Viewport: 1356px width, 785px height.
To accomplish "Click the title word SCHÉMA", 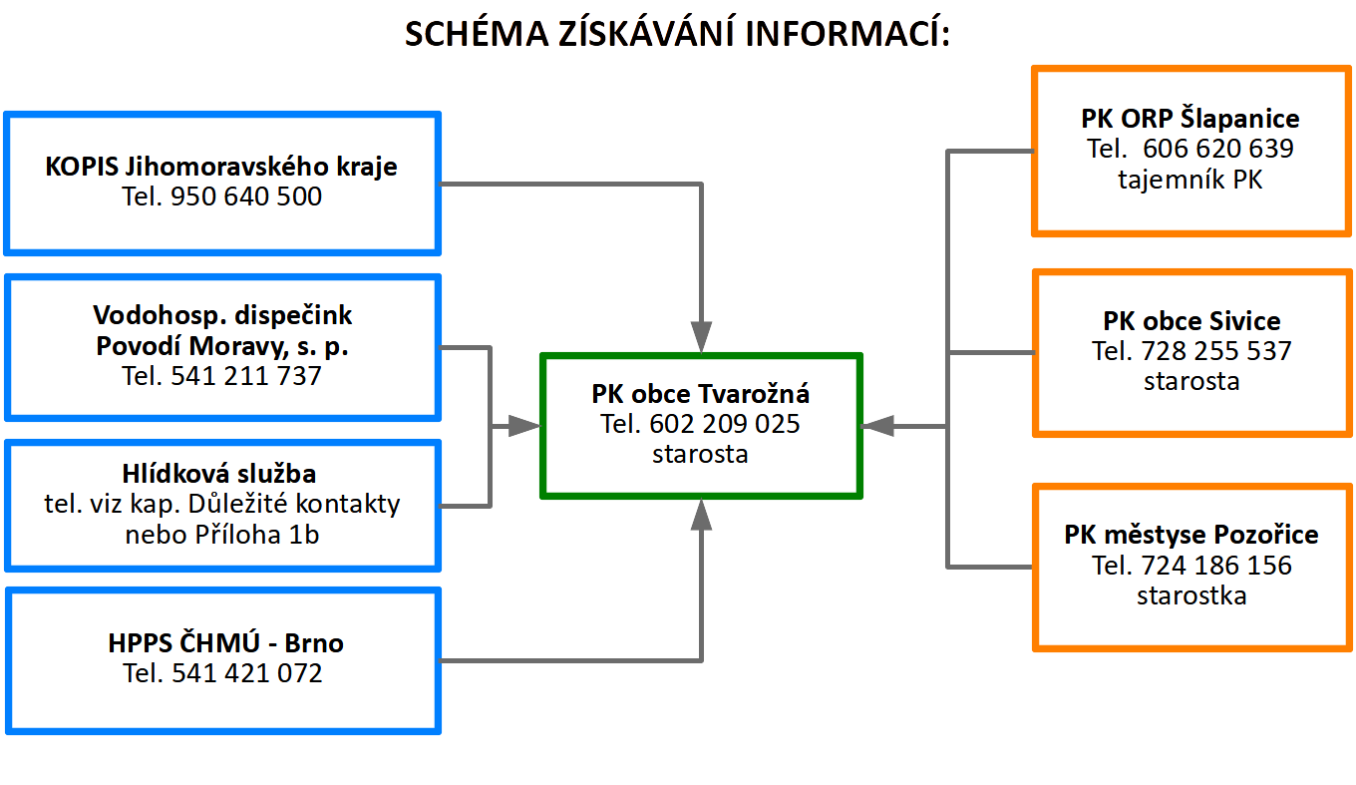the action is click(x=477, y=33).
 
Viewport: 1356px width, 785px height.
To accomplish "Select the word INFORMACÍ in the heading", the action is click(x=847, y=33).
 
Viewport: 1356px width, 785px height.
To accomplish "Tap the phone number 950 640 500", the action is click(x=246, y=196).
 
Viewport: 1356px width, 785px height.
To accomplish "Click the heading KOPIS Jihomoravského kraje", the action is click(x=221, y=167).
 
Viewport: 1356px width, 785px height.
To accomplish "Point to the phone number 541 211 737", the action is click(x=246, y=376).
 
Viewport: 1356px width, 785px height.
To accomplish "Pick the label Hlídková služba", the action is click(x=219, y=474).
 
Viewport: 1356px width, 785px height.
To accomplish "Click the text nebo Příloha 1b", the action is click(x=222, y=535).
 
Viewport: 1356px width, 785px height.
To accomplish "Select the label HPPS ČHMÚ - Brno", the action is click(x=225, y=642).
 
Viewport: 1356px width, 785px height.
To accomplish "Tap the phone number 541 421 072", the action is click(x=247, y=673).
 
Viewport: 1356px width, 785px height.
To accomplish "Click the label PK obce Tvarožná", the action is click(x=700, y=394).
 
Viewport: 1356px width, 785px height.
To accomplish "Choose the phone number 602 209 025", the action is click(x=725, y=424).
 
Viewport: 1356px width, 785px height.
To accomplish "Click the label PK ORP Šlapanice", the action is click(x=1190, y=119).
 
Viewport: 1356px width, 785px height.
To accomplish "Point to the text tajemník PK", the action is click(x=1190, y=180).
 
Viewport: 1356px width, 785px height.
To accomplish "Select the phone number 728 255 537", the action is click(x=1216, y=351).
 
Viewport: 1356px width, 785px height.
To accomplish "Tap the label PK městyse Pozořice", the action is click(x=1191, y=535).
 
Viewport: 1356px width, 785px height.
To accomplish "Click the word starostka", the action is click(x=1191, y=596).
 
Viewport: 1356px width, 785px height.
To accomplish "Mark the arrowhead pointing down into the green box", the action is click(x=701, y=336).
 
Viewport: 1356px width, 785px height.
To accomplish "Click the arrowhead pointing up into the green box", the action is click(x=701, y=515).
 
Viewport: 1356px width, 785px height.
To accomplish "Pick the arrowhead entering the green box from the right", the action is click(x=877, y=427).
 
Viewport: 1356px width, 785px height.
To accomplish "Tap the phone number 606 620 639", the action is click(x=1218, y=149).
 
